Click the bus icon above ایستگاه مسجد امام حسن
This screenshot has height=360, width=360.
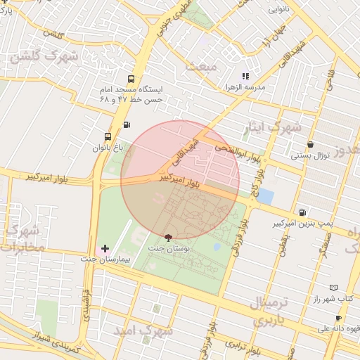point(131,79)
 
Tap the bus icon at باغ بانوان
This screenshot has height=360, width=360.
point(108,136)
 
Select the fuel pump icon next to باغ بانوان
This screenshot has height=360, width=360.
point(127,125)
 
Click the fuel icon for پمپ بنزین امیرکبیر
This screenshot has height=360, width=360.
point(302,212)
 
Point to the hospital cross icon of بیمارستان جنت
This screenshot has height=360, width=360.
point(105,248)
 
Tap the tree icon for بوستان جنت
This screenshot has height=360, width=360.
point(167,238)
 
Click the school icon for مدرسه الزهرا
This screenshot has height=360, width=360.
point(245,76)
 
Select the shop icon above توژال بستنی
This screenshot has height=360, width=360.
point(310,144)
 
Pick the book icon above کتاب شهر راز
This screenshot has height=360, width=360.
point(333,288)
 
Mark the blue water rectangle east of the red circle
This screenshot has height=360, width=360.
point(265,195)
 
